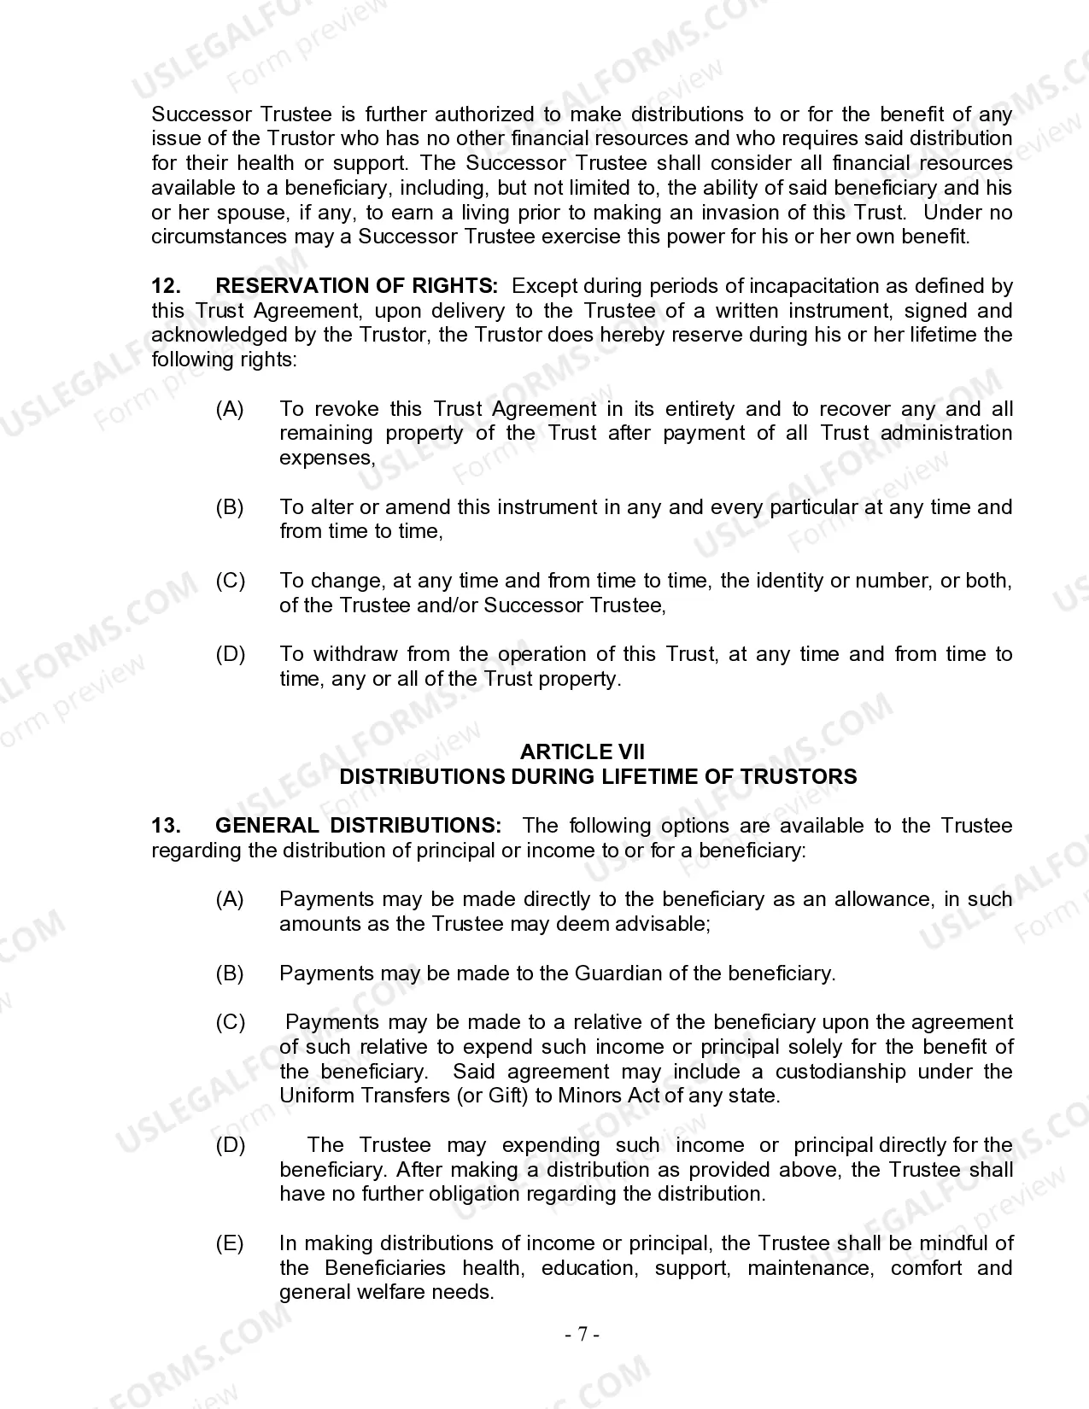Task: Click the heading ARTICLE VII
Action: (x=582, y=752)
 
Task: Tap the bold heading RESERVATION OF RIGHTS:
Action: (x=356, y=286)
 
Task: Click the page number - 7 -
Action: (x=582, y=1334)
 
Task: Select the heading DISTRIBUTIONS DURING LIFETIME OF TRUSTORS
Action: (x=598, y=777)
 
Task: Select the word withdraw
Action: (x=354, y=655)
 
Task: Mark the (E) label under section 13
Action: (x=230, y=1243)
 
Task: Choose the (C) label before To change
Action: (x=230, y=582)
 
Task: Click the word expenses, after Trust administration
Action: (x=327, y=459)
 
